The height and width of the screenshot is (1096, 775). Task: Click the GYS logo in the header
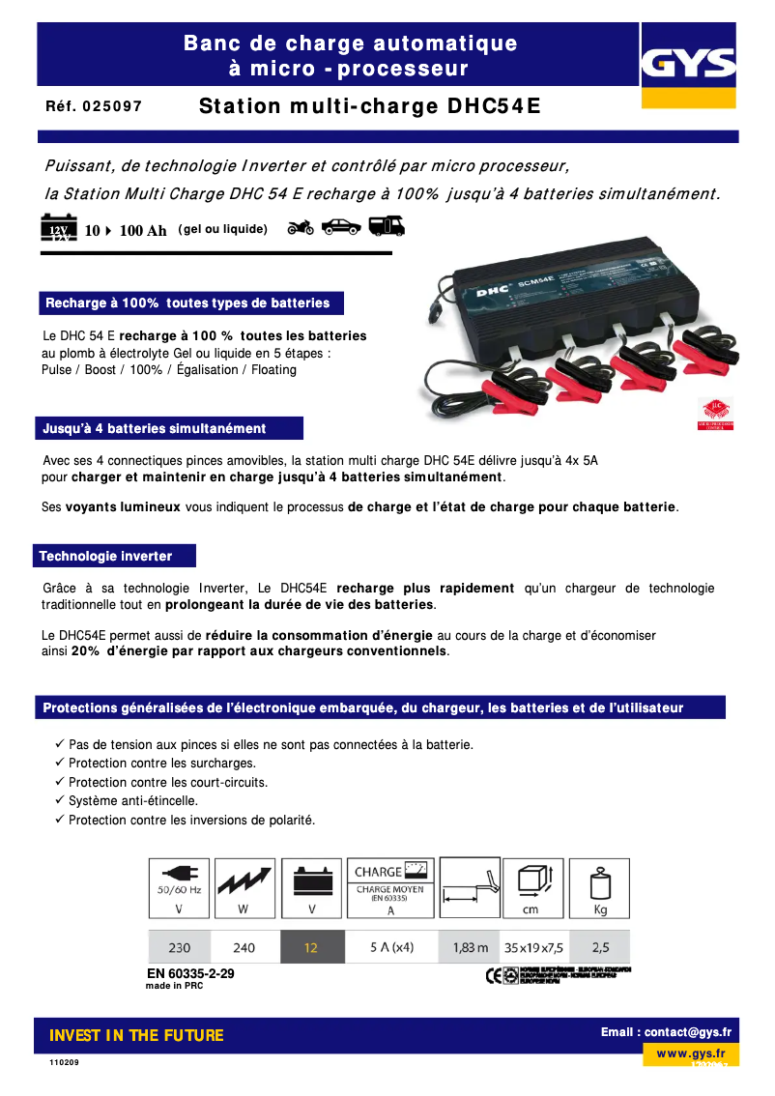pyautogui.click(x=689, y=66)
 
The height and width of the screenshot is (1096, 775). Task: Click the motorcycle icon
pyautogui.click(x=301, y=228)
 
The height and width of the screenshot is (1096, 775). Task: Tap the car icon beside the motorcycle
pyautogui.click(x=340, y=227)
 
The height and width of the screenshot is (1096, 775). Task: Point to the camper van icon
pyautogui.click(x=387, y=226)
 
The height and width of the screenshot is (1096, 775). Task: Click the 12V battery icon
pyautogui.click(x=57, y=228)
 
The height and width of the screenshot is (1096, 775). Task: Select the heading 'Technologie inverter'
pyautogui.click(x=106, y=557)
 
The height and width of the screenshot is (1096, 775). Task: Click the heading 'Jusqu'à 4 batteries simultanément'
pyautogui.click(x=155, y=428)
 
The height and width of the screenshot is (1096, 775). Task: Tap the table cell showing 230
pyautogui.click(x=179, y=947)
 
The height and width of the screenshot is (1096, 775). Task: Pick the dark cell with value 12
pyautogui.click(x=311, y=947)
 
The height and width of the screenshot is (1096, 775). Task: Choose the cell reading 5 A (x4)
pyautogui.click(x=391, y=947)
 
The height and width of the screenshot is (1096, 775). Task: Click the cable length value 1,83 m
pyautogui.click(x=471, y=947)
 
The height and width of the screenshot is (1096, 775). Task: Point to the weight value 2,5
pyautogui.click(x=599, y=947)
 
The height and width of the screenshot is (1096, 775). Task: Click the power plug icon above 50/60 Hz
pyautogui.click(x=178, y=871)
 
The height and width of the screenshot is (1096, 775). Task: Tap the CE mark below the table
pyautogui.click(x=495, y=974)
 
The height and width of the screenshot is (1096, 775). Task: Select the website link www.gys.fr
pyautogui.click(x=691, y=1053)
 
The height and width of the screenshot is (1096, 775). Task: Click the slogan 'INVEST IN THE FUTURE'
pyautogui.click(x=136, y=1036)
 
